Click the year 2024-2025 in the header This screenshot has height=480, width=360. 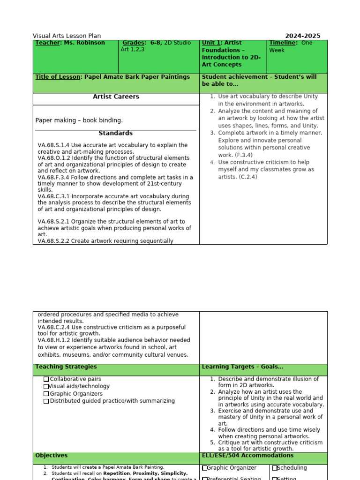tap(303, 36)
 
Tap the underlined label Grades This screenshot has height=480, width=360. tap(134, 43)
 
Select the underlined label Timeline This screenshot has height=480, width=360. tap(283, 43)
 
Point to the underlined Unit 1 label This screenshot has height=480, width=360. tap(211, 43)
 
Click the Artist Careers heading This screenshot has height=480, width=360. tap(116, 97)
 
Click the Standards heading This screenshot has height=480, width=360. tap(115, 134)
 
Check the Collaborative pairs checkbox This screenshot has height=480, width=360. tap(46, 379)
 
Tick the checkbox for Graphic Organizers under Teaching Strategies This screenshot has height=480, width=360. tap(46, 394)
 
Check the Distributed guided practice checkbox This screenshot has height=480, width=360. tap(46, 401)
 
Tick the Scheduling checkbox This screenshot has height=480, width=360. tap(275, 468)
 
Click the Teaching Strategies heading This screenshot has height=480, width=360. tap(66, 367)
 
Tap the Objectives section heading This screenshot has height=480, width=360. tap(51, 456)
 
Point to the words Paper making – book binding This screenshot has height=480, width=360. tap(79, 120)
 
